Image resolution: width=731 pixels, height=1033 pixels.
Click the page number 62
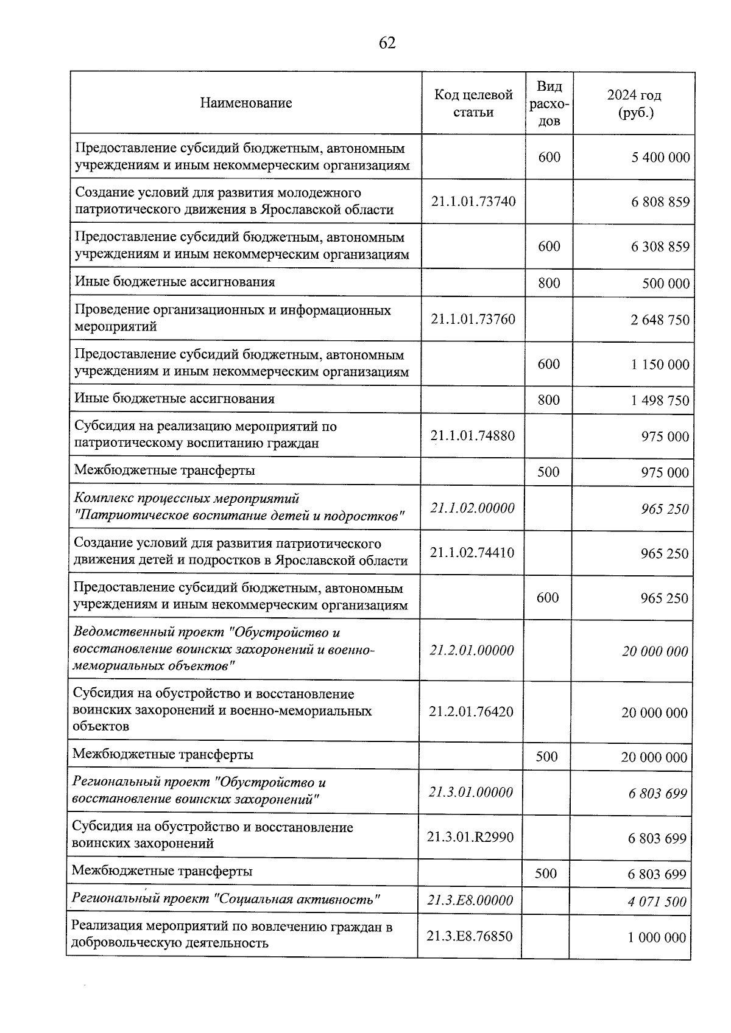[387, 43]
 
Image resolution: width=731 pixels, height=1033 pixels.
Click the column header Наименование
[245, 103]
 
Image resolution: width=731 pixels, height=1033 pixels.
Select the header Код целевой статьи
[473, 103]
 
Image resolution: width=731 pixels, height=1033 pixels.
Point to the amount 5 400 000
[661, 158]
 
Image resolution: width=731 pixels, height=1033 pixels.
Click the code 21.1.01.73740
[473, 201]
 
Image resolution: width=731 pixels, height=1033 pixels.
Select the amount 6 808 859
[660, 202]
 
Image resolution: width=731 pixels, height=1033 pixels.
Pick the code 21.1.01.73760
[473, 319]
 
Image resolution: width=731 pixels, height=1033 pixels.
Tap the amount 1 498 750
[660, 401]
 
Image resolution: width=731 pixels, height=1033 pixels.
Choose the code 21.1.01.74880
[473, 436]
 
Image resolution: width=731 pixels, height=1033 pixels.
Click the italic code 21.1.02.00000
[472, 508]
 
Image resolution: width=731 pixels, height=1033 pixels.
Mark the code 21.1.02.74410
[472, 553]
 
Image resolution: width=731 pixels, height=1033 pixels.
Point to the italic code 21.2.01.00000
[471, 650]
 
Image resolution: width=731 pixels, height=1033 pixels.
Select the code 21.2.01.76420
[471, 712]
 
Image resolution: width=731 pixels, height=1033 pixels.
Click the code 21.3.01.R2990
[470, 837]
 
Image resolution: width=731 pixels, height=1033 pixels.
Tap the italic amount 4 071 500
[657, 902]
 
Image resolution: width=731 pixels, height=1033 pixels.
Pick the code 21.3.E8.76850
[470, 936]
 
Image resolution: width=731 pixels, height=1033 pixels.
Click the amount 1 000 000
[657, 938]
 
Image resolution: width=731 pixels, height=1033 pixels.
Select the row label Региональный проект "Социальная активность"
[226, 898]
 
